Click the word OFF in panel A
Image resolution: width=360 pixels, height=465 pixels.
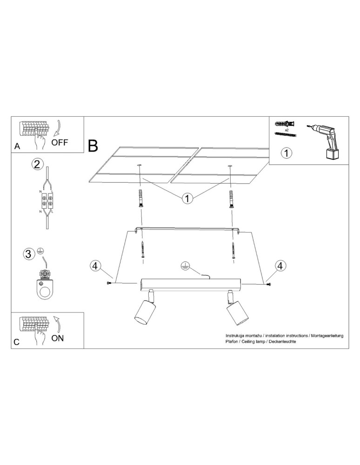60,142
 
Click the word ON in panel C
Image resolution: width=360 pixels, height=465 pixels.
58,338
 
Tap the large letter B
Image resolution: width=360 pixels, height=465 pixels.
93,146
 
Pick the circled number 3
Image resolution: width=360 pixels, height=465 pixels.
29,253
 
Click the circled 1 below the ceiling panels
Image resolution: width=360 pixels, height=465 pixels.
187,199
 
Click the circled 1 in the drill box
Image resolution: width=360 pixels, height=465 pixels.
287,153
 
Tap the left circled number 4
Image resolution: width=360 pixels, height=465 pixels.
94,266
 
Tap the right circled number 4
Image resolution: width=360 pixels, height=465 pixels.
280,266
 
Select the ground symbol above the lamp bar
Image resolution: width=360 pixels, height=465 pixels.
185,266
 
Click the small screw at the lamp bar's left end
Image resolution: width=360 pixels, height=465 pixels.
110,283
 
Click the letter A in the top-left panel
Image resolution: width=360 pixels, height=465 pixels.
17,146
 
